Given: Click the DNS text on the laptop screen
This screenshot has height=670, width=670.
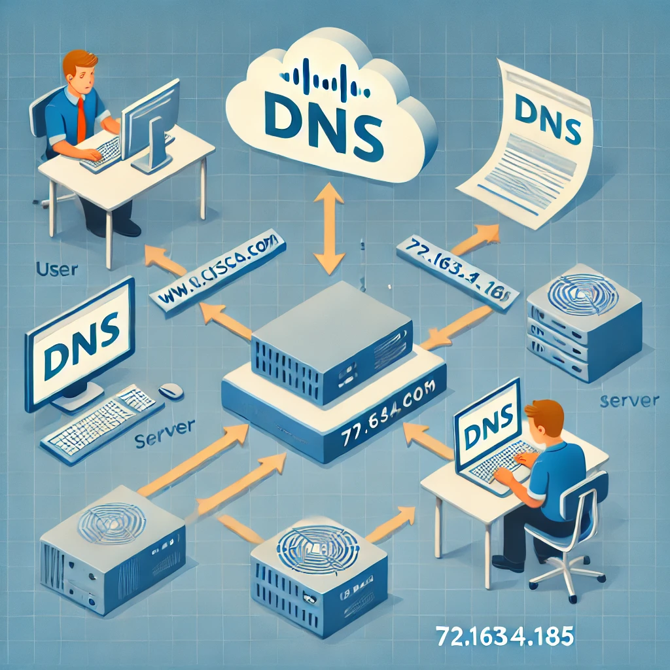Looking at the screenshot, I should pyautogui.click(x=488, y=432).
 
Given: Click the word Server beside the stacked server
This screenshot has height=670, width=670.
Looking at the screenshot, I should pyautogui.click(x=629, y=401).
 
